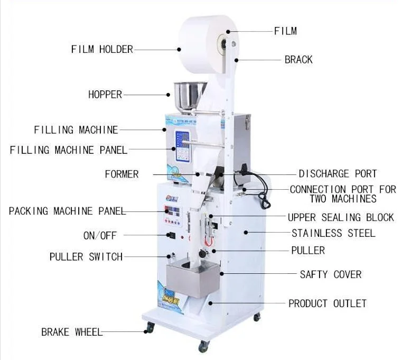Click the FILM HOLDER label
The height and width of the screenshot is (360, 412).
102,49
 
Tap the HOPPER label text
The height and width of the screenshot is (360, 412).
105,95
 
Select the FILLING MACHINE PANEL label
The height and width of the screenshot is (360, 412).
69,150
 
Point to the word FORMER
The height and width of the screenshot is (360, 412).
121,174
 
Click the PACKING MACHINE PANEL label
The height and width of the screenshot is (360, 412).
67,211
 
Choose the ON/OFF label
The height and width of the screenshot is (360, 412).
100,235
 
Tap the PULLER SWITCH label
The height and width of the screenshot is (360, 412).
86,257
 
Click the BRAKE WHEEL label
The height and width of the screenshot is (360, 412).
72,333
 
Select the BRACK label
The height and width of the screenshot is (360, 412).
298,60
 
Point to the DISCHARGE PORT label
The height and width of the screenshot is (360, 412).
338,173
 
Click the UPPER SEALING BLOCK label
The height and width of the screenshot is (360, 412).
341,217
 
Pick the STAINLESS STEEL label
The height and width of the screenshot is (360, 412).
333,233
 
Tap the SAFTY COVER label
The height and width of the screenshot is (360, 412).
331,274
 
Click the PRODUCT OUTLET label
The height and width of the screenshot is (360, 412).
327,303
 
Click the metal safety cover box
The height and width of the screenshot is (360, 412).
191,278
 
